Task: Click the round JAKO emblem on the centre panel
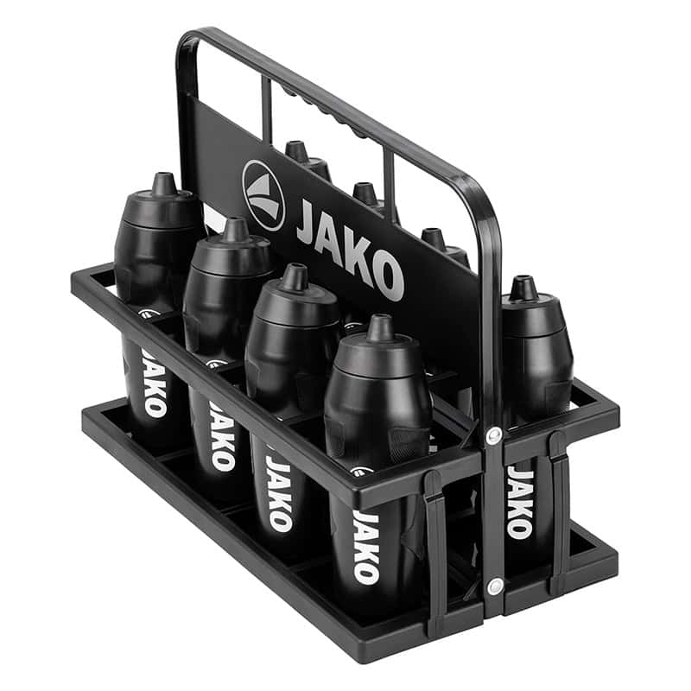click(263, 195)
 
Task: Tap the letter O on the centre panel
click(388, 276)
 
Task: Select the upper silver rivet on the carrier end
click(493, 434)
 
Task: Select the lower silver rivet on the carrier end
click(494, 586)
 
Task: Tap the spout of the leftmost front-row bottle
click(164, 183)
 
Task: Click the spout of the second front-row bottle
click(235, 229)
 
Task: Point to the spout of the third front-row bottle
click(295, 276)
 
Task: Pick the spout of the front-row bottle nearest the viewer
click(380, 327)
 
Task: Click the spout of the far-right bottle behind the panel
click(523, 288)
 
